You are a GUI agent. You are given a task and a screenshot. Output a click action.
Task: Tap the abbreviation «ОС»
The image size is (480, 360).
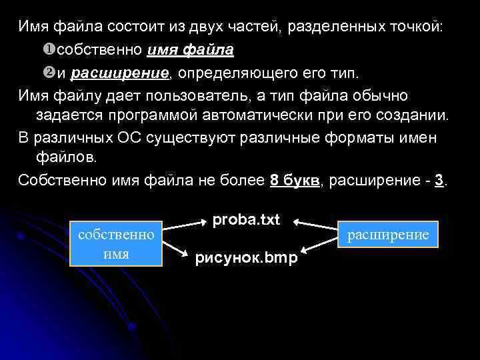click(137, 138)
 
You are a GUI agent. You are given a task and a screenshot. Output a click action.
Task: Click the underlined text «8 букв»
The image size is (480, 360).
click(295, 181)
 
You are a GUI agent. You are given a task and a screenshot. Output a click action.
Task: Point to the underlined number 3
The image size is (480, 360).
click(438, 181)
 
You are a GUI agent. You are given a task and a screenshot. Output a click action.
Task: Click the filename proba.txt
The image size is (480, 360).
click(246, 219)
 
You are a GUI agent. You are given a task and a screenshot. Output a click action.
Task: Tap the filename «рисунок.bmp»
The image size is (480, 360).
click(245, 258)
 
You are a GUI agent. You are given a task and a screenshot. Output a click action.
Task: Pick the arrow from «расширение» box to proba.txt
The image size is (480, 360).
click(317, 225)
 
